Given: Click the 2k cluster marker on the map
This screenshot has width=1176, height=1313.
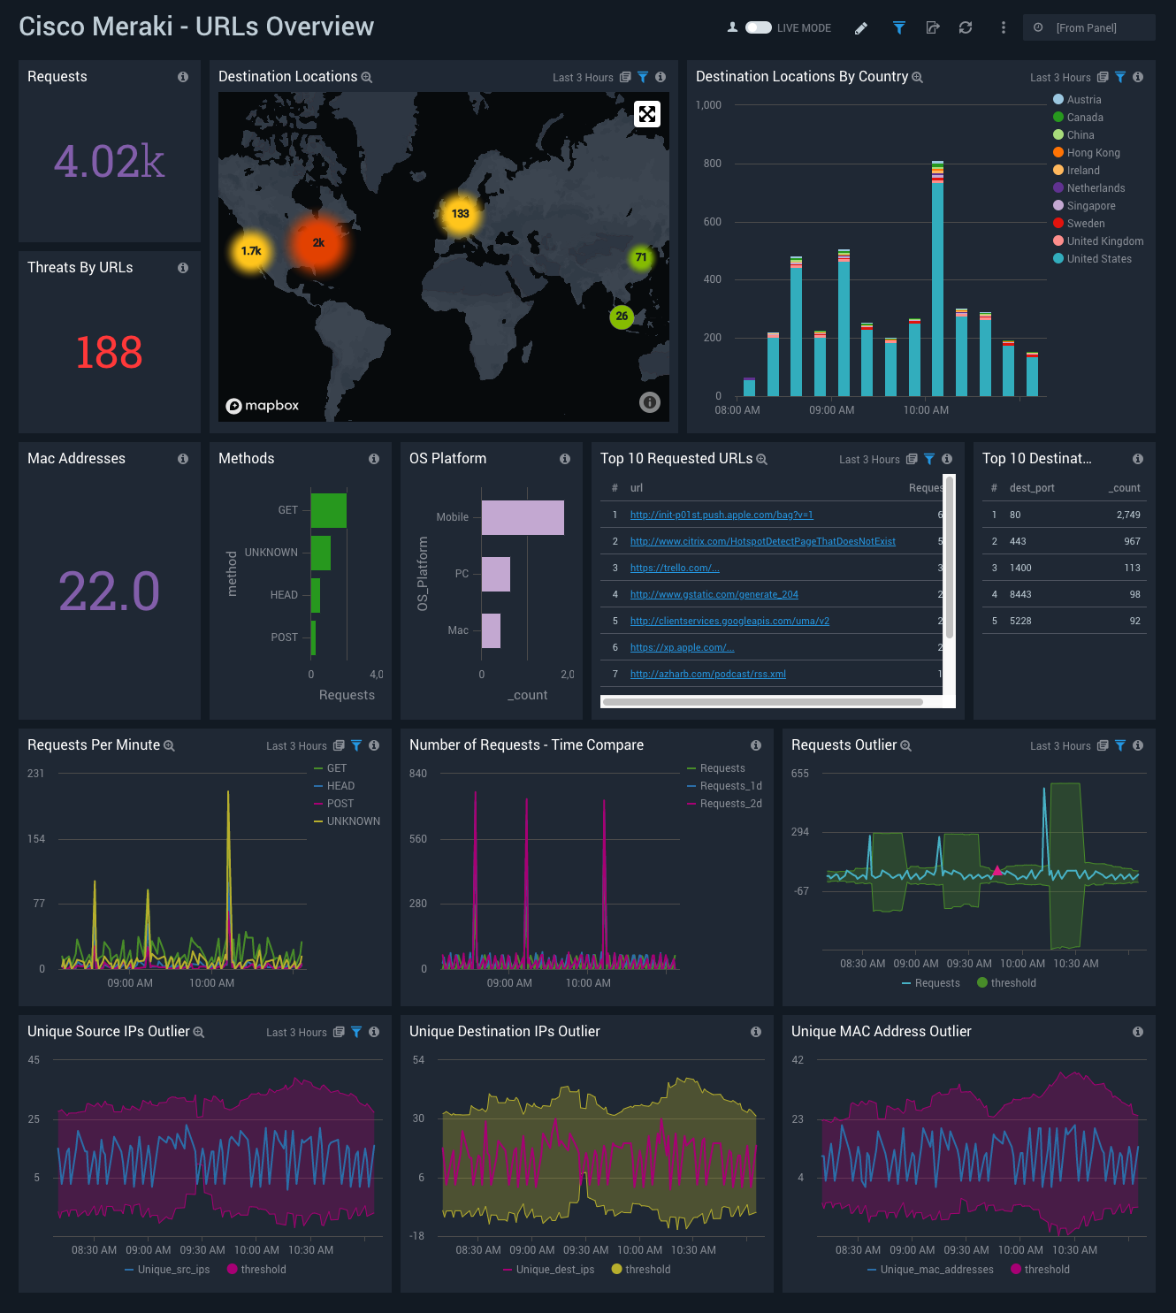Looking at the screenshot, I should tap(318, 243).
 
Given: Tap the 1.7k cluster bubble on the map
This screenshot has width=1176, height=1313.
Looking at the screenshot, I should tap(251, 251).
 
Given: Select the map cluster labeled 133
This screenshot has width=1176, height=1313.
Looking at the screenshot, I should tap(460, 214).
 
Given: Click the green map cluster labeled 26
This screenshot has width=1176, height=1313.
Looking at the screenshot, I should tap(622, 317).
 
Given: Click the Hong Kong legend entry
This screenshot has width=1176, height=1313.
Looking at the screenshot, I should tap(1093, 153).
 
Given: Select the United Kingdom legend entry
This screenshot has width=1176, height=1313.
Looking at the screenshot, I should tap(1104, 241).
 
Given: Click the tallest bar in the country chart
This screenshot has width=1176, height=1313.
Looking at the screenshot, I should tap(937, 283).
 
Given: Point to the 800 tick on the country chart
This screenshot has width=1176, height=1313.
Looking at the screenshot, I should tap(713, 164).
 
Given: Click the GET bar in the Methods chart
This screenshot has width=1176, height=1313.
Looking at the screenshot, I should tap(329, 510).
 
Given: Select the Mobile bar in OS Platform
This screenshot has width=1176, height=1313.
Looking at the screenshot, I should tap(523, 517).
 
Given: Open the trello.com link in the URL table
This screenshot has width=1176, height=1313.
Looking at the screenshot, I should tap(674, 568).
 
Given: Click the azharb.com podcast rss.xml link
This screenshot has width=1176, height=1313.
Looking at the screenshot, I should tap(707, 674).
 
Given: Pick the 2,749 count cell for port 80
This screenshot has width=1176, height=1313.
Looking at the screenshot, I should tap(1127, 515).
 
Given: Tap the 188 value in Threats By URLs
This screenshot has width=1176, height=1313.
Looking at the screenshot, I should tap(109, 353).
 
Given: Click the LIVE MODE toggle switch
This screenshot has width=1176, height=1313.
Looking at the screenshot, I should tap(758, 27).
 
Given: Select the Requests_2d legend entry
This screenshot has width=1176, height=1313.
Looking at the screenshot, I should tap(730, 804).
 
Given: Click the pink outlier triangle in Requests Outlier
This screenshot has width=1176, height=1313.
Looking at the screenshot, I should tap(997, 871).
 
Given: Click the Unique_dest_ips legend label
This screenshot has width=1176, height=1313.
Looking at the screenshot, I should tap(554, 1270).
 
